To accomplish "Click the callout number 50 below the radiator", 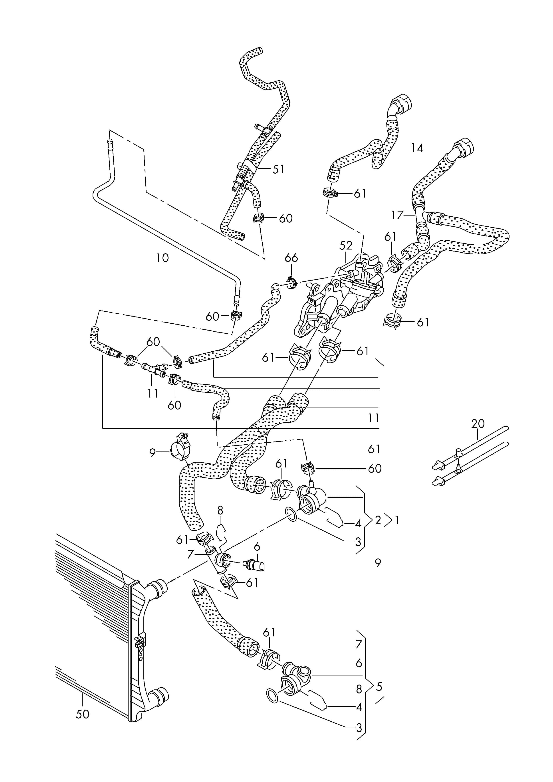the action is (x=82, y=714).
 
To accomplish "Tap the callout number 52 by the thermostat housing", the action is (x=346, y=245).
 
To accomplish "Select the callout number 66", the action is (x=291, y=258).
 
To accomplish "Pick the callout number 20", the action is (x=478, y=424).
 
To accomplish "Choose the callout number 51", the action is (x=278, y=169).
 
